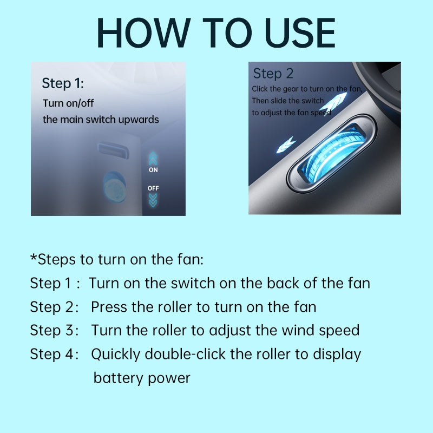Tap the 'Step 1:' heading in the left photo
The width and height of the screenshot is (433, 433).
pos(63,83)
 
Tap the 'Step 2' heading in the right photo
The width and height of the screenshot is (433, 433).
pos(273,74)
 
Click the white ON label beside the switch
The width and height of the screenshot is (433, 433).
pos(153,170)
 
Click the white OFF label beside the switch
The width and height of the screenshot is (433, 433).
pos(153,188)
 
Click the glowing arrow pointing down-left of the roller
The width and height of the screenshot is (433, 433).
pos(285,144)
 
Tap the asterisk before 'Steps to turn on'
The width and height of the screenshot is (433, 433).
pos(33,258)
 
